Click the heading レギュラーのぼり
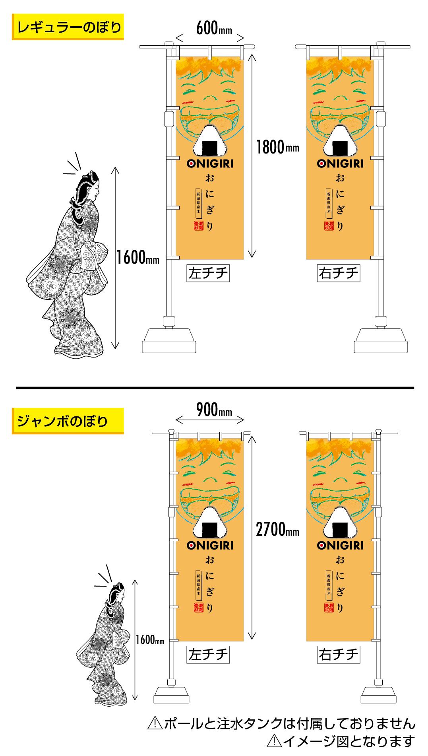pos(68,27)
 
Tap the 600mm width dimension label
pos(213,29)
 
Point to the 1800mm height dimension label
pos(277,148)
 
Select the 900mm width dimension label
pos(213,410)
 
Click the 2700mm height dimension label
pos(277,530)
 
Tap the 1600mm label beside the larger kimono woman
pos(138,258)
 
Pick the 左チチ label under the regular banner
pos(208,273)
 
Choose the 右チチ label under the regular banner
pos(338,273)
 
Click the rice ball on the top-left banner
pos(210,141)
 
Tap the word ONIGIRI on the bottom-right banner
pos(340,545)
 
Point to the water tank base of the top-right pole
pos(381,340)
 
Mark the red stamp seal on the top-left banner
pos(198,225)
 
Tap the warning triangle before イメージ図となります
pos(273,741)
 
